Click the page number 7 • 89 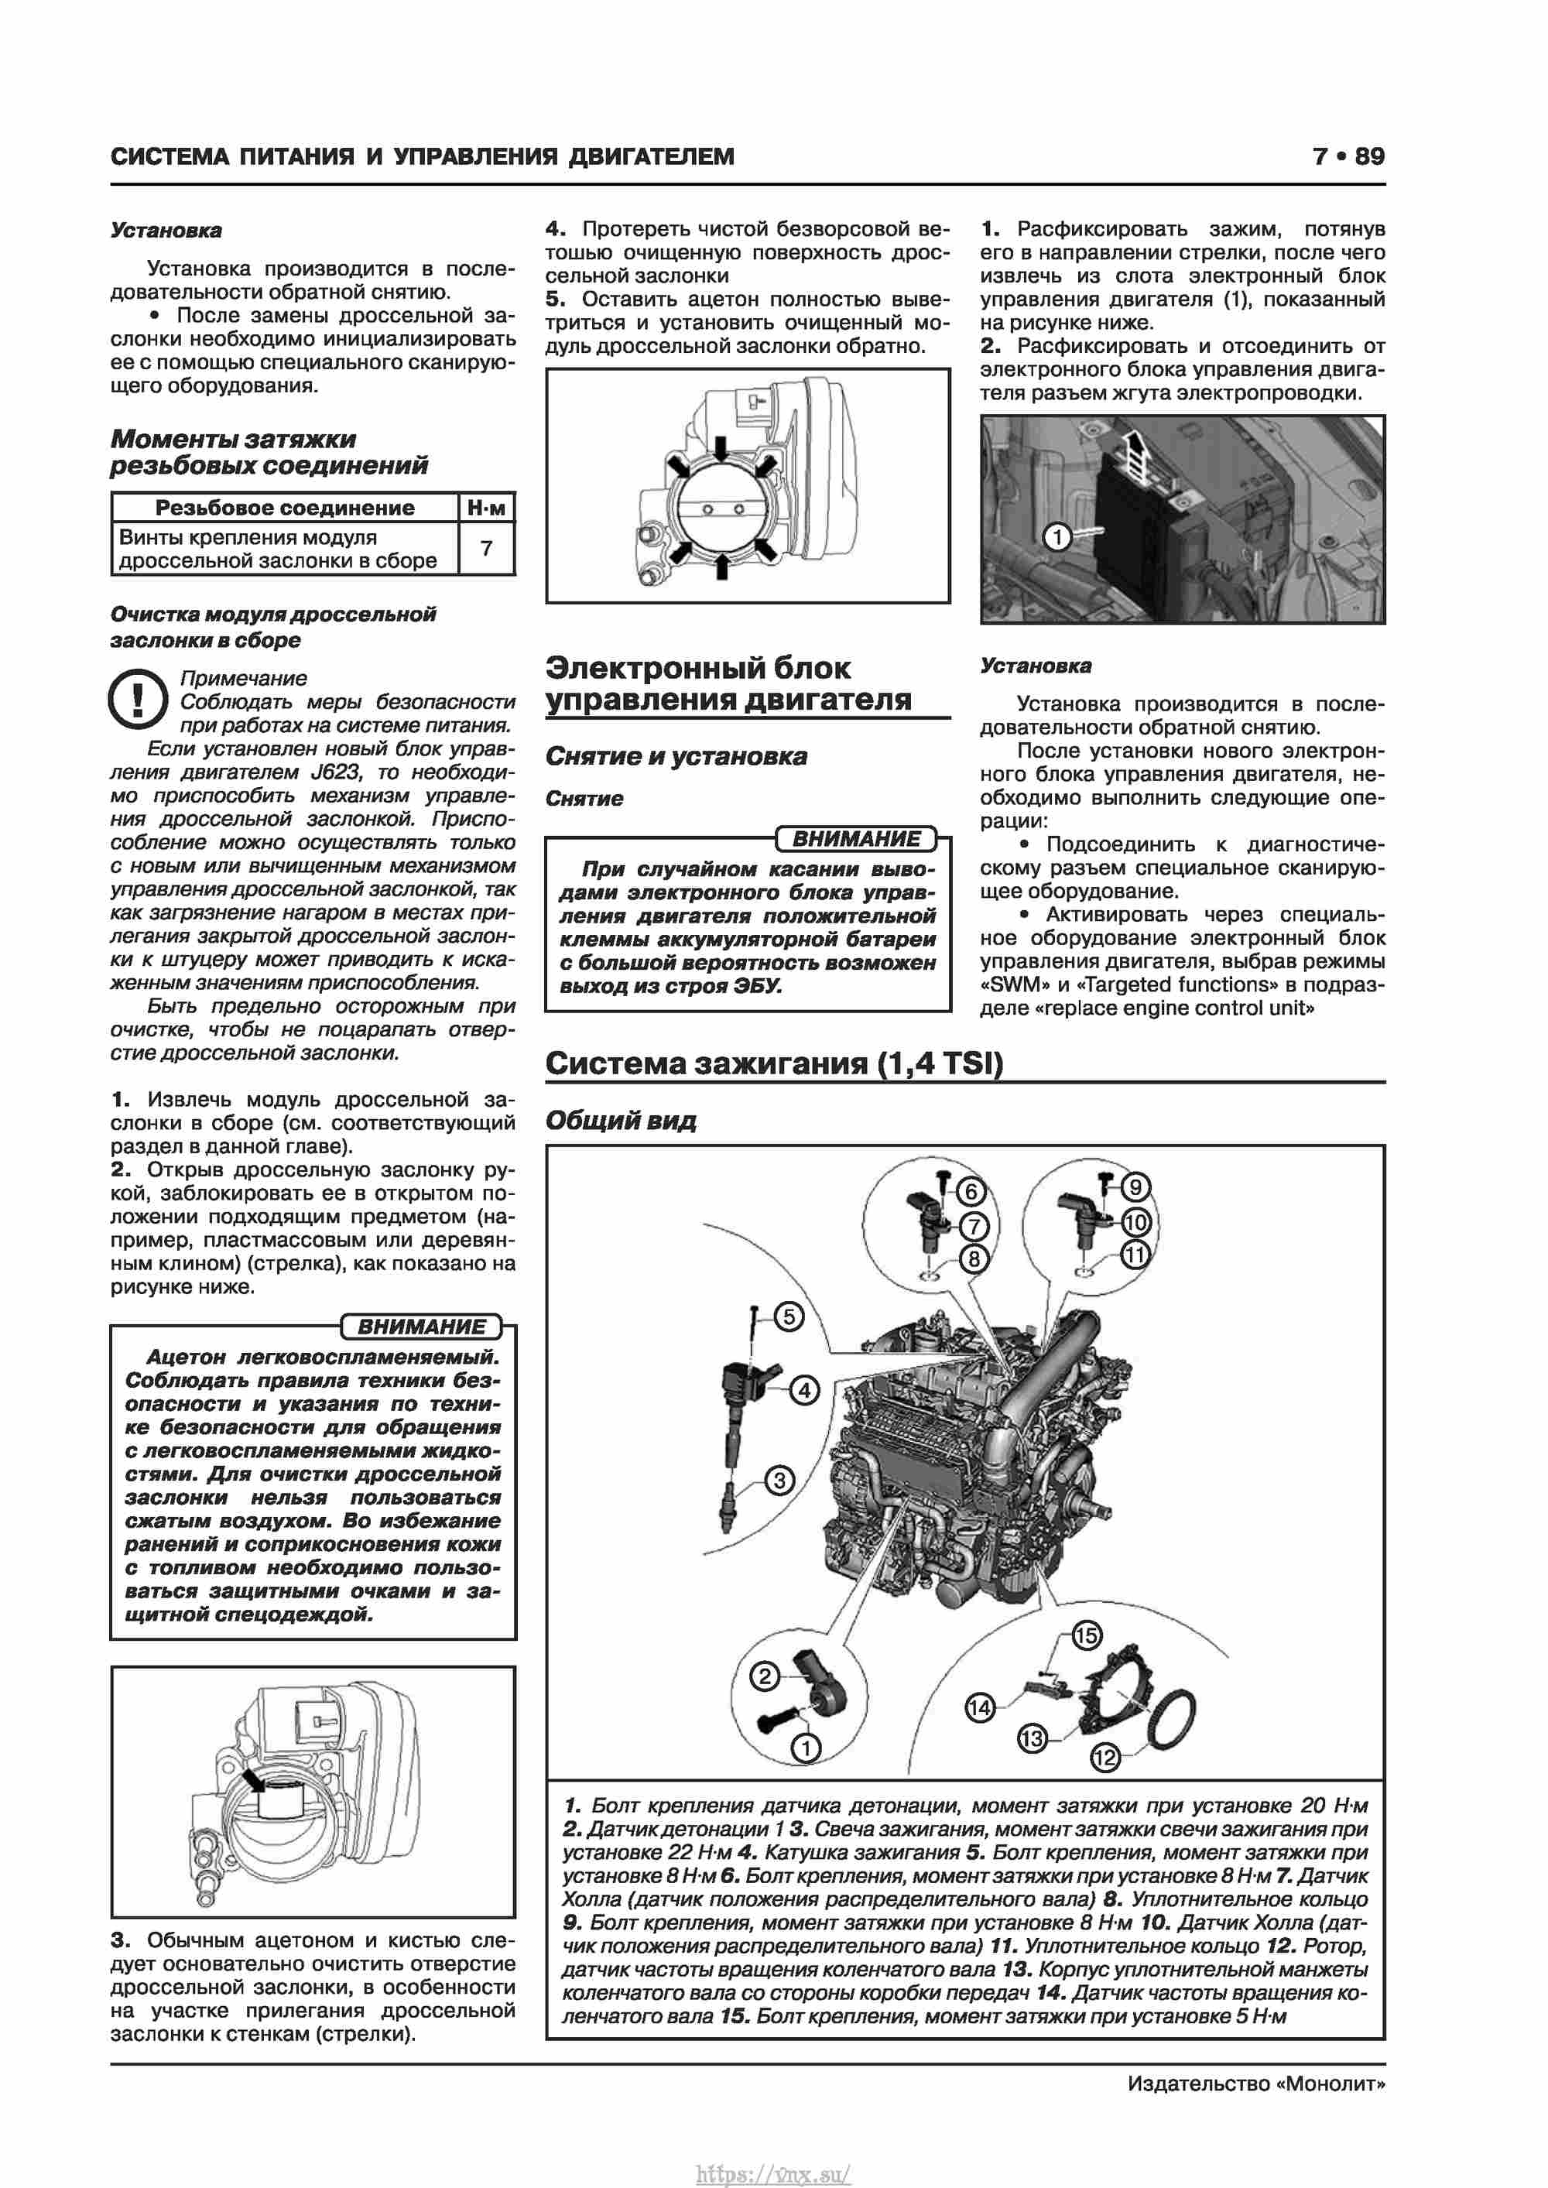(1348, 156)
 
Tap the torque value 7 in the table (486, 548)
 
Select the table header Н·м (486, 508)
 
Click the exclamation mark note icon (139, 700)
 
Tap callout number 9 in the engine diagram (1135, 1187)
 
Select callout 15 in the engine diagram (1087, 1636)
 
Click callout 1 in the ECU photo (1057, 537)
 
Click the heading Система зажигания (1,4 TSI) (774, 1063)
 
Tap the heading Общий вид (621, 1121)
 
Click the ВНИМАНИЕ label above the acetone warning (421, 1327)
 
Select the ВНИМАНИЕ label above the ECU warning (856, 839)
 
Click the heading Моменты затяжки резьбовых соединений (269, 452)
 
